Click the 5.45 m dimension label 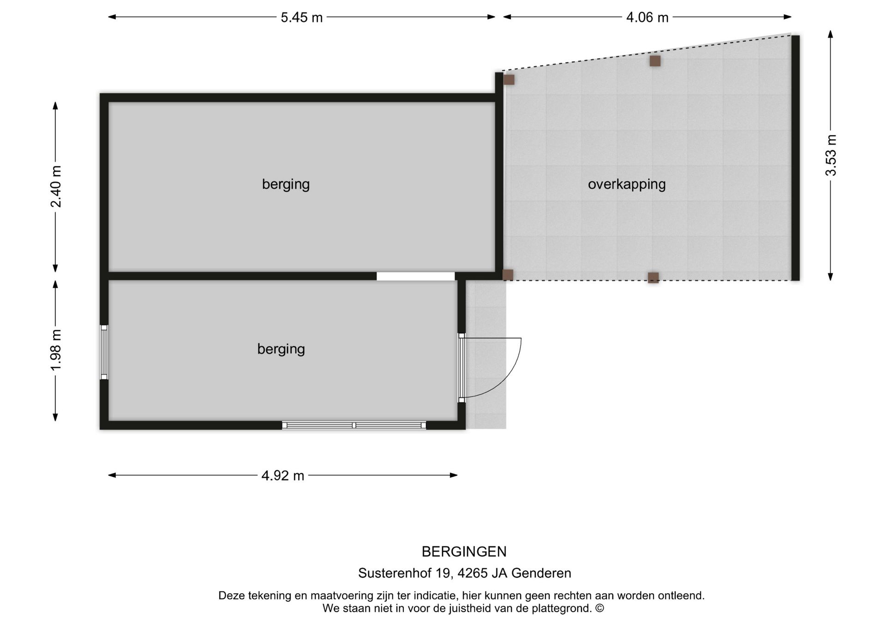coord(301,18)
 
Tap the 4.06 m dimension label coord(647,18)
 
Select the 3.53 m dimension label coord(831,155)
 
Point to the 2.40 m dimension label coord(56,186)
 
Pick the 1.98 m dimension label coord(56,350)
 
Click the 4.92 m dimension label coord(282,475)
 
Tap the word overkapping coord(626,184)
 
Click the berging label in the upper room coord(286,184)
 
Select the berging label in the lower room coord(281,349)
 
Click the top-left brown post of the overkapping coord(509,80)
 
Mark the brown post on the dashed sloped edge coord(655,61)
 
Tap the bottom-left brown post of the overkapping coord(508,275)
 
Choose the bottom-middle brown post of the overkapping coord(653,278)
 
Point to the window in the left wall coord(104,352)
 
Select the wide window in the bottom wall coord(354,425)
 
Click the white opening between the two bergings coord(415,276)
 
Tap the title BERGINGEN coord(464,551)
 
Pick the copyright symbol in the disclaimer coord(599,608)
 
